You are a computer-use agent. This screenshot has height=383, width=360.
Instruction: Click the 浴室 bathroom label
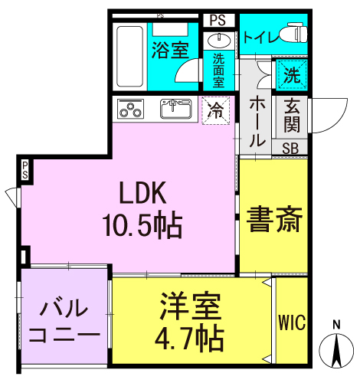pyautogui.click(x=170, y=51)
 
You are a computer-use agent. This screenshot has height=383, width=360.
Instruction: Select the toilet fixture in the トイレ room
pyautogui.click(x=290, y=34)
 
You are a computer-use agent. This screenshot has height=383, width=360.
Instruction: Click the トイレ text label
pyautogui.click(x=260, y=35)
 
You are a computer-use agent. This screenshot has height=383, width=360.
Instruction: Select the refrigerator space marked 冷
pyautogui.click(x=217, y=110)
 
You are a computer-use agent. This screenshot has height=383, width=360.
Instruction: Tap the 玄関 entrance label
pyautogui.click(x=292, y=116)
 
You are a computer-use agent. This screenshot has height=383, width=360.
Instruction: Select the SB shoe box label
pyautogui.click(x=291, y=148)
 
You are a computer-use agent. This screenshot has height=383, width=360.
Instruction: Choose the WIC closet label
pyautogui.click(x=291, y=322)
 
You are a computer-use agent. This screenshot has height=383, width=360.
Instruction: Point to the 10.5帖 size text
pyautogui.click(x=142, y=225)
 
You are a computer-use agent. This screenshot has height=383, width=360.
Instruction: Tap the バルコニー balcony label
pyautogui.click(x=64, y=322)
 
